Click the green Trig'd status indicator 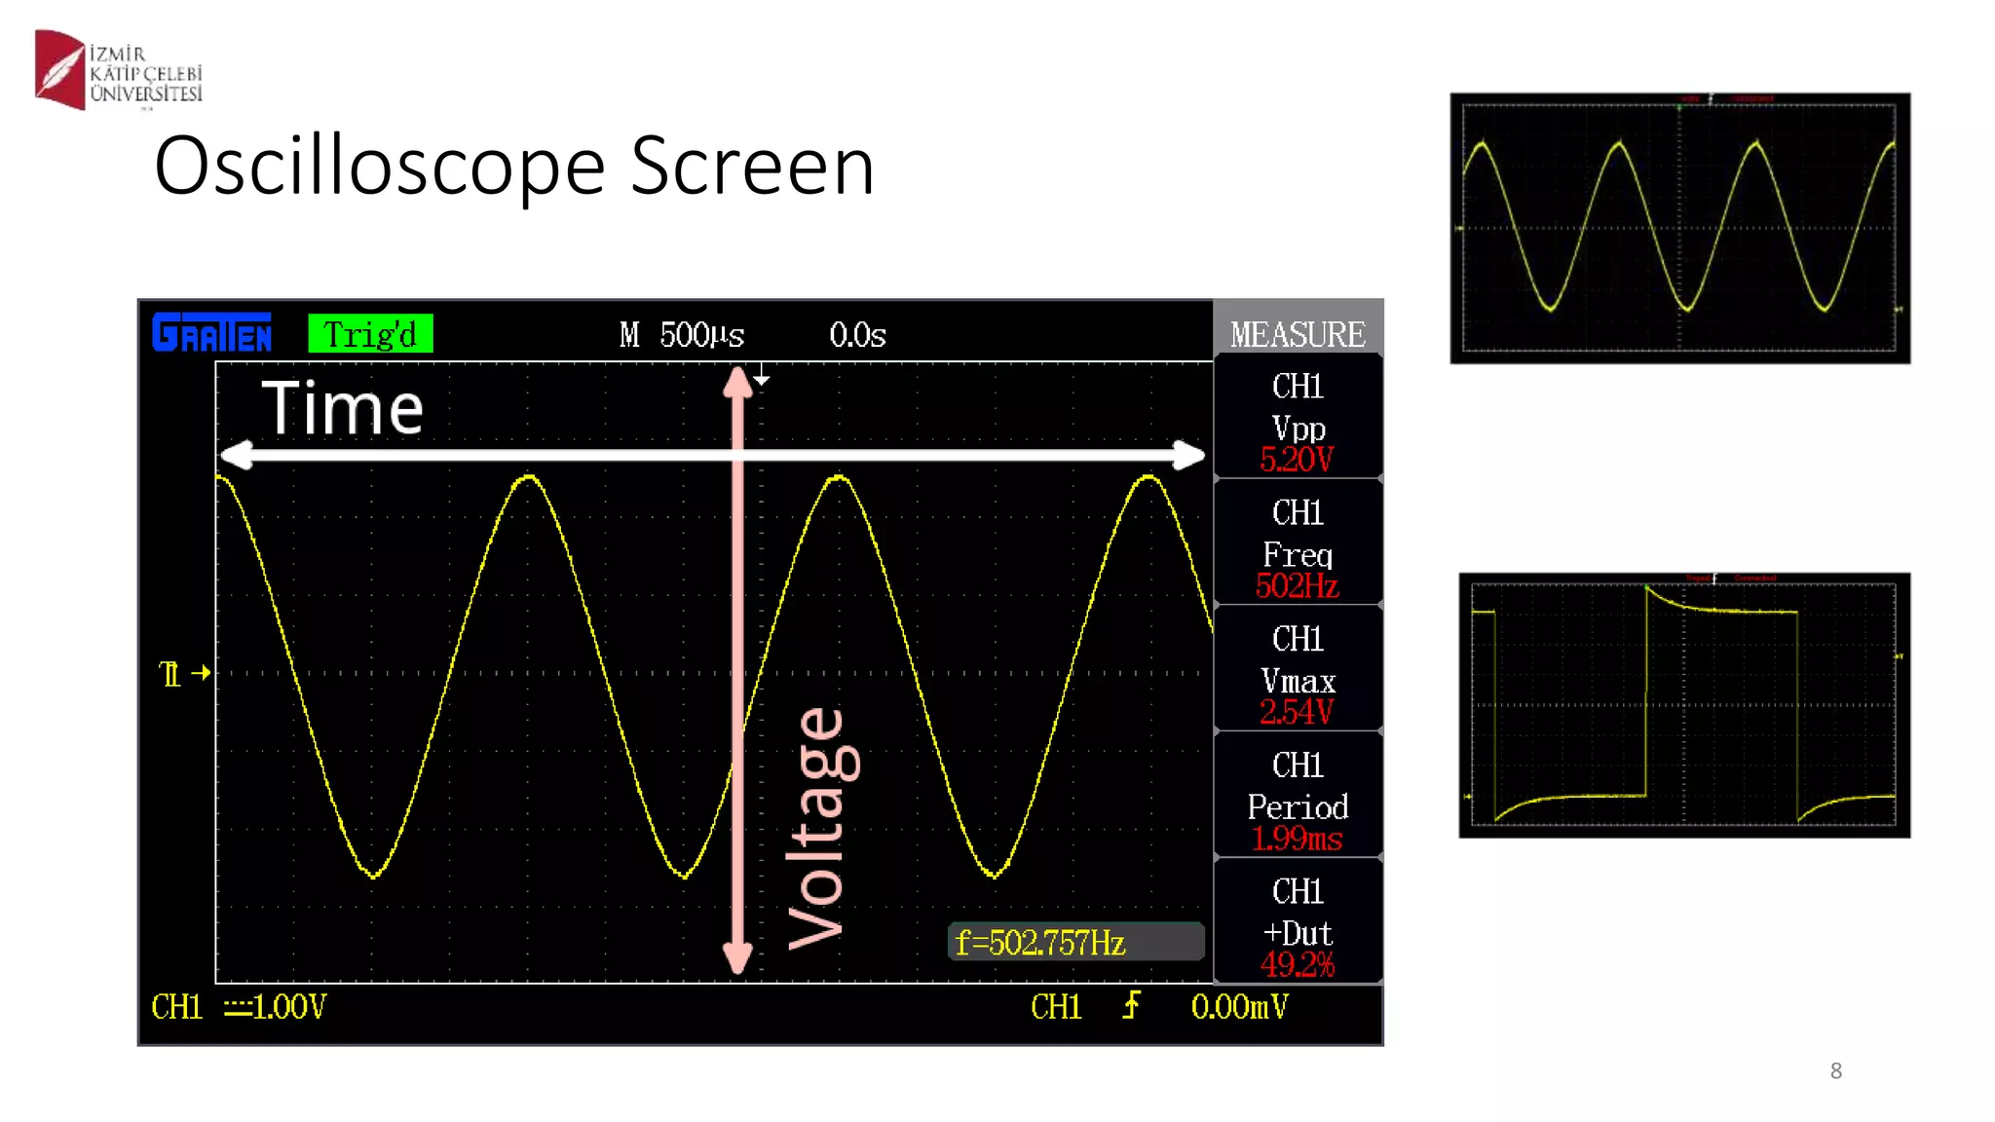click(370, 334)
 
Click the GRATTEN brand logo click(212, 333)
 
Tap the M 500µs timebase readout click(682, 335)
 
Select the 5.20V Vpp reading click(1297, 459)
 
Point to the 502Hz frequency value click(1297, 585)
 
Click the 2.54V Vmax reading click(1297, 712)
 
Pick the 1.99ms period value click(1297, 839)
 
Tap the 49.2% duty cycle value click(1297, 964)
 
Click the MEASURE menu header click(1298, 334)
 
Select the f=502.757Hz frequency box click(1075, 942)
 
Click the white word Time click(343, 408)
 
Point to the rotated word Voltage click(818, 828)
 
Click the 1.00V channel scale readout click(288, 1006)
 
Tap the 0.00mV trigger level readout click(1239, 1006)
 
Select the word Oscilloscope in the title click(380, 167)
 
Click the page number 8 click(1836, 1071)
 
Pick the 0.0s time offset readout click(857, 335)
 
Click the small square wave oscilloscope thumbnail click(1684, 705)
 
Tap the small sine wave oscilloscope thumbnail click(1679, 228)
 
